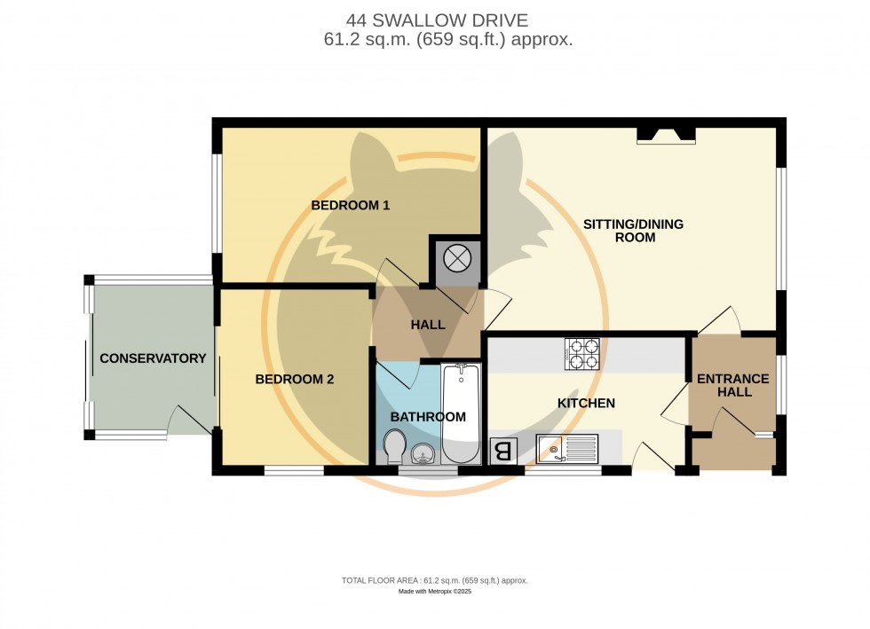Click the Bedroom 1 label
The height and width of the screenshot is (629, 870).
click(x=351, y=206)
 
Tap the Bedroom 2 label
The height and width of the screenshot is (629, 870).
click(x=295, y=380)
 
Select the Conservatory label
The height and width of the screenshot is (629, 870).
click(x=153, y=358)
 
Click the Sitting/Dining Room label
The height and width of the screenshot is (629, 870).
click(x=633, y=231)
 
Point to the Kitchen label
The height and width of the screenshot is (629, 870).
click(x=586, y=404)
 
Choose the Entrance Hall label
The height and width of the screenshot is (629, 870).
click(x=732, y=385)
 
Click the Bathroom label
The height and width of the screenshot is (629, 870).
click(x=428, y=417)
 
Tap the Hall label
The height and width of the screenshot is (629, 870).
click(x=428, y=326)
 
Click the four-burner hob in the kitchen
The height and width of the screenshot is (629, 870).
click(x=581, y=354)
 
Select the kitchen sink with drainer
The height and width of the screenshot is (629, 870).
click(x=567, y=449)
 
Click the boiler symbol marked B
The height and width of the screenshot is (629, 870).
click(x=502, y=452)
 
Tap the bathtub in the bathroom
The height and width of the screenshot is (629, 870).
click(x=460, y=415)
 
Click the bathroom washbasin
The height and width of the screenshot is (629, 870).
click(x=423, y=455)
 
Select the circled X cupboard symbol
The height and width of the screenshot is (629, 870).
click(x=455, y=259)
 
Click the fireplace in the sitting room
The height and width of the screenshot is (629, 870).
click(x=666, y=135)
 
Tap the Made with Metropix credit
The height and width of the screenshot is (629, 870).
click(x=434, y=591)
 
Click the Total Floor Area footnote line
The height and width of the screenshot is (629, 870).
click(x=434, y=580)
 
